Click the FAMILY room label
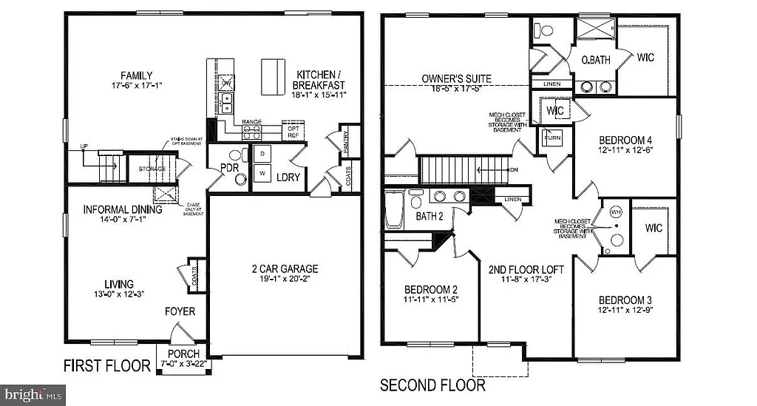click(138, 75)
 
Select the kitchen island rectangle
click(272, 74)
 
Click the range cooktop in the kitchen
click(252, 132)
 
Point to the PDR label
click(229, 168)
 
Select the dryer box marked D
click(262, 154)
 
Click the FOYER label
click(180, 311)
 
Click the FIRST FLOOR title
click(107, 365)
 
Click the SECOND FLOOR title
click(432, 385)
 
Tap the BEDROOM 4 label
click(625, 140)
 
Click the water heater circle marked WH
click(615, 213)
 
